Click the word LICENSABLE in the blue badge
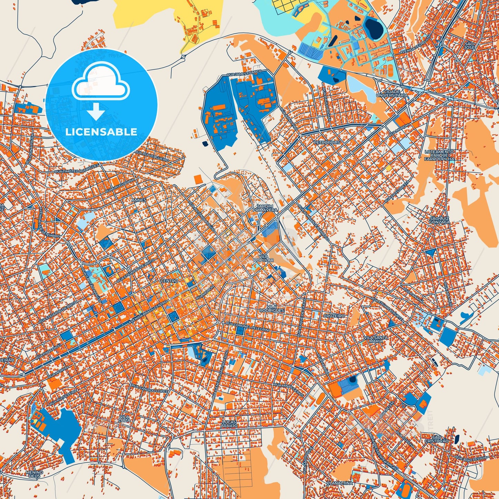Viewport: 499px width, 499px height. [x=101, y=132]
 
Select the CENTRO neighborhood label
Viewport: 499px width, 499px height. [x=169, y=281]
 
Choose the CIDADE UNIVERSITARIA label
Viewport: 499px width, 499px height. [x=392, y=93]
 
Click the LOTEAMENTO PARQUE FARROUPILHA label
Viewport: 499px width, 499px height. [x=439, y=155]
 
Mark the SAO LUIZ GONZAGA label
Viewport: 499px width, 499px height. [x=440, y=220]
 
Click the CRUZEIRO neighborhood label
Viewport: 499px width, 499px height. [x=334, y=316]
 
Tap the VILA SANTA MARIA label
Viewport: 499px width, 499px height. [x=376, y=339]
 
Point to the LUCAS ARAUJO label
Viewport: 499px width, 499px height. [x=229, y=424]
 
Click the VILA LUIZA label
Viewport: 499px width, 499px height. [x=124, y=419]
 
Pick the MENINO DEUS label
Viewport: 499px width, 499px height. [x=34, y=474]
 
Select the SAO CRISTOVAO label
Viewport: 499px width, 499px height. [x=436, y=439]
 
